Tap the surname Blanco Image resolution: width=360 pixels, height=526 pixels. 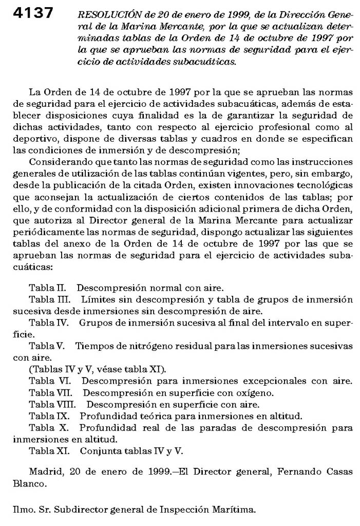click(x=27, y=483)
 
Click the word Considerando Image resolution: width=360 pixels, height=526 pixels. click(x=61, y=160)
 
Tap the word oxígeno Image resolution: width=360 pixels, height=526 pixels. click(x=255, y=393)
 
